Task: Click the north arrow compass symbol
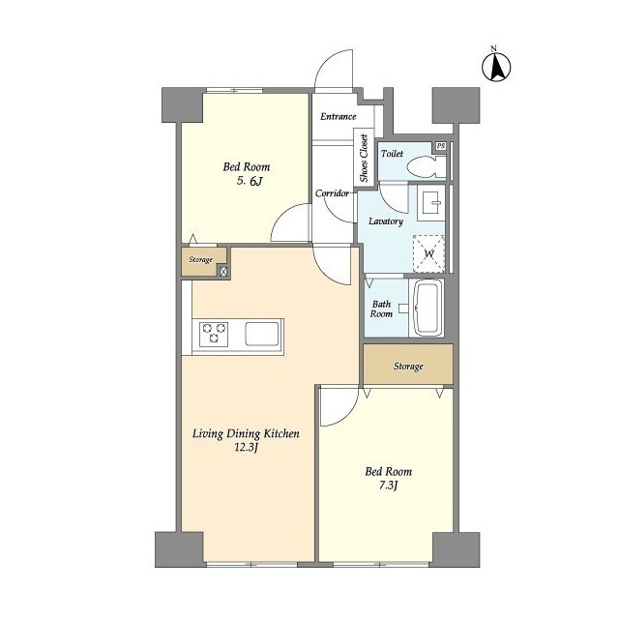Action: (x=496, y=66)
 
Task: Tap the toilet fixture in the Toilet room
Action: (x=426, y=166)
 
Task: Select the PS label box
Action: (x=441, y=146)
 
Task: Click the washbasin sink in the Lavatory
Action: (x=431, y=202)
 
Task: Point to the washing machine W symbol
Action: (x=428, y=253)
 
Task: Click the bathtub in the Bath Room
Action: (x=427, y=309)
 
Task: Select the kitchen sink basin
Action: (x=262, y=334)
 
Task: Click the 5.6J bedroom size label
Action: (x=250, y=181)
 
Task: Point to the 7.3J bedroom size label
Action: (x=388, y=486)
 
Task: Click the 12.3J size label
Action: (x=246, y=448)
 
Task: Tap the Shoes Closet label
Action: (x=364, y=159)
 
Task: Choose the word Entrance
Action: (x=339, y=116)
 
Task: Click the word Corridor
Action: (x=332, y=193)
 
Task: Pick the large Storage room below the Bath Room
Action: (x=408, y=364)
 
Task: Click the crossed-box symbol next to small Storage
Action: (x=223, y=271)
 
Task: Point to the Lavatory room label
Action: (x=386, y=221)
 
